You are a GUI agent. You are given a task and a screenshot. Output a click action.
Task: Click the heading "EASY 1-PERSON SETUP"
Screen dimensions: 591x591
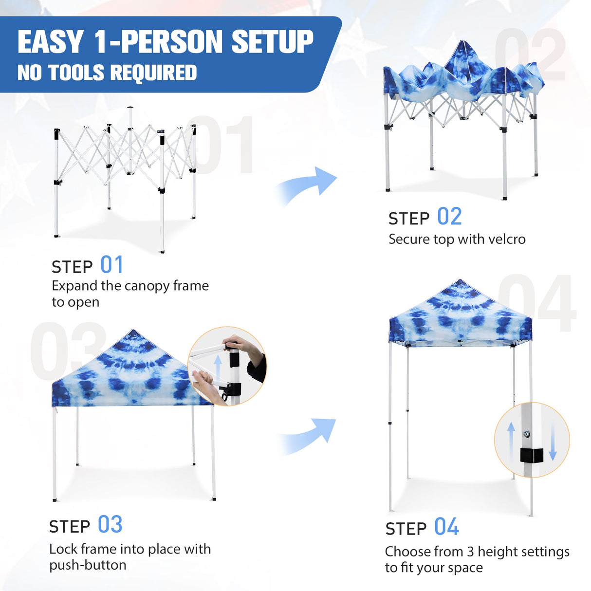[166, 42]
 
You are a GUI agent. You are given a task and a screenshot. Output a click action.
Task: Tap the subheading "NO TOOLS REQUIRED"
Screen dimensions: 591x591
[107, 73]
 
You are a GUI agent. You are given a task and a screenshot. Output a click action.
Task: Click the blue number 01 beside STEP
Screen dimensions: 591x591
[112, 265]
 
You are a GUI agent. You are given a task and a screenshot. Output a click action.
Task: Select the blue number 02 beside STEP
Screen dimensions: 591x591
[449, 217]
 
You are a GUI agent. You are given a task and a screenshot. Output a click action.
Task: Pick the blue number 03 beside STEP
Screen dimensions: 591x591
[110, 525]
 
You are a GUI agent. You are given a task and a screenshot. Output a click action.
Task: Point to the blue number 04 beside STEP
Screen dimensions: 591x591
[446, 527]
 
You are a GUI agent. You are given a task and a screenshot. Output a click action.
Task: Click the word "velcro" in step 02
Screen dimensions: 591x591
[506, 240]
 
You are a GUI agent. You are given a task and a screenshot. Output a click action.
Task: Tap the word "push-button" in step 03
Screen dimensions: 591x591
[88, 565]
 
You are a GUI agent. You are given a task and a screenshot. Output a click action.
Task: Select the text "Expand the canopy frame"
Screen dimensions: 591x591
[130, 286]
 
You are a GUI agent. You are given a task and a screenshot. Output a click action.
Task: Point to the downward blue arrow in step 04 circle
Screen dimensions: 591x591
[553, 441]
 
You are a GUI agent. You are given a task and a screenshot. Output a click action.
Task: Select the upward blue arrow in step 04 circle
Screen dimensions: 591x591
[511, 441]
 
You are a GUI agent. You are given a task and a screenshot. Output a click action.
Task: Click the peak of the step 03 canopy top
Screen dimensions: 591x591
[132, 332]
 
